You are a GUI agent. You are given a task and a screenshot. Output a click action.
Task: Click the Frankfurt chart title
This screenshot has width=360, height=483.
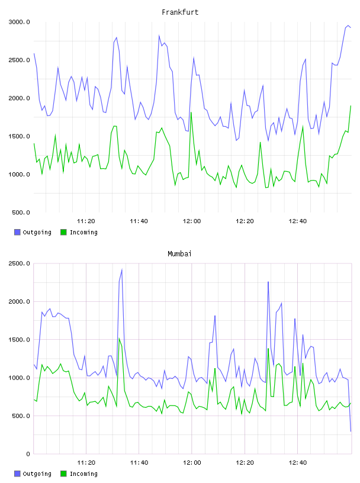[180, 12]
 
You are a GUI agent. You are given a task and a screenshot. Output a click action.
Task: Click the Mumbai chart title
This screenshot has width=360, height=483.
[179, 254]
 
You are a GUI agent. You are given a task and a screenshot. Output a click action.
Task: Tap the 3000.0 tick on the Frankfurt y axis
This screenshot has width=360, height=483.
[19, 22]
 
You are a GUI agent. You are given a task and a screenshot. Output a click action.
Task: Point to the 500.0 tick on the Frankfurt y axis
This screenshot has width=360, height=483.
[21, 212]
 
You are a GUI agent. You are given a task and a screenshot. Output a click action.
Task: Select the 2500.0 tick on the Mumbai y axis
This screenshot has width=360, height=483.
[19, 263]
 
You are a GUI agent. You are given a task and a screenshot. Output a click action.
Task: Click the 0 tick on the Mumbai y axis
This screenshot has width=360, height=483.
[28, 454]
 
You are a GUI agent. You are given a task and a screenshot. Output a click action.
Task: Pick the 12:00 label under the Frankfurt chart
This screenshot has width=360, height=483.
[192, 221]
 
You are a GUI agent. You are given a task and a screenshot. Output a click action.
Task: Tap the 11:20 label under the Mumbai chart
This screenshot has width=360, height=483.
[86, 463]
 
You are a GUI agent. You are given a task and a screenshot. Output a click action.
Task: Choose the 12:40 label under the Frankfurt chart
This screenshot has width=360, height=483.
[298, 221]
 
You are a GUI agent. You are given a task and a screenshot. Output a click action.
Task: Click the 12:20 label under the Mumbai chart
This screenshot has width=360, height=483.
[245, 463]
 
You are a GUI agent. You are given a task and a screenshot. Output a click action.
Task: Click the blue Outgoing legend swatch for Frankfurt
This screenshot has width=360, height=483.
[17, 232]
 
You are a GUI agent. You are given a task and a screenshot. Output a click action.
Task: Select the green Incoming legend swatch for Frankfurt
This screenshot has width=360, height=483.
[63, 232]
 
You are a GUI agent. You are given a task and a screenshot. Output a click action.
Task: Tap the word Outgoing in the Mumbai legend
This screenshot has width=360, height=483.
[37, 474]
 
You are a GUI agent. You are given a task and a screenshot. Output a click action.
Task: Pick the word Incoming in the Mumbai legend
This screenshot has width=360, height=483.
[83, 474]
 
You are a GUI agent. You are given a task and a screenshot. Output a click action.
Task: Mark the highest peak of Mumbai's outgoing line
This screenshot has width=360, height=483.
[122, 270]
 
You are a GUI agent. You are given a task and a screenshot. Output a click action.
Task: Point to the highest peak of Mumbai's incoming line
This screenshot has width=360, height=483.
[119, 339]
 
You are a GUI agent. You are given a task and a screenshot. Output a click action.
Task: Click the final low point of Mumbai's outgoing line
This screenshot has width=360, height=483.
[351, 432]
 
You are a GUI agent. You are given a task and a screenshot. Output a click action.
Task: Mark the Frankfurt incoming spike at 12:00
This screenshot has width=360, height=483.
[191, 112]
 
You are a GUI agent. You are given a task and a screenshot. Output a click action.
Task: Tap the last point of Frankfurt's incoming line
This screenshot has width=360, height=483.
[351, 105]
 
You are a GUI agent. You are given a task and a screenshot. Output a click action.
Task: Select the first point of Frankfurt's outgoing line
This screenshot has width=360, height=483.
[34, 54]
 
